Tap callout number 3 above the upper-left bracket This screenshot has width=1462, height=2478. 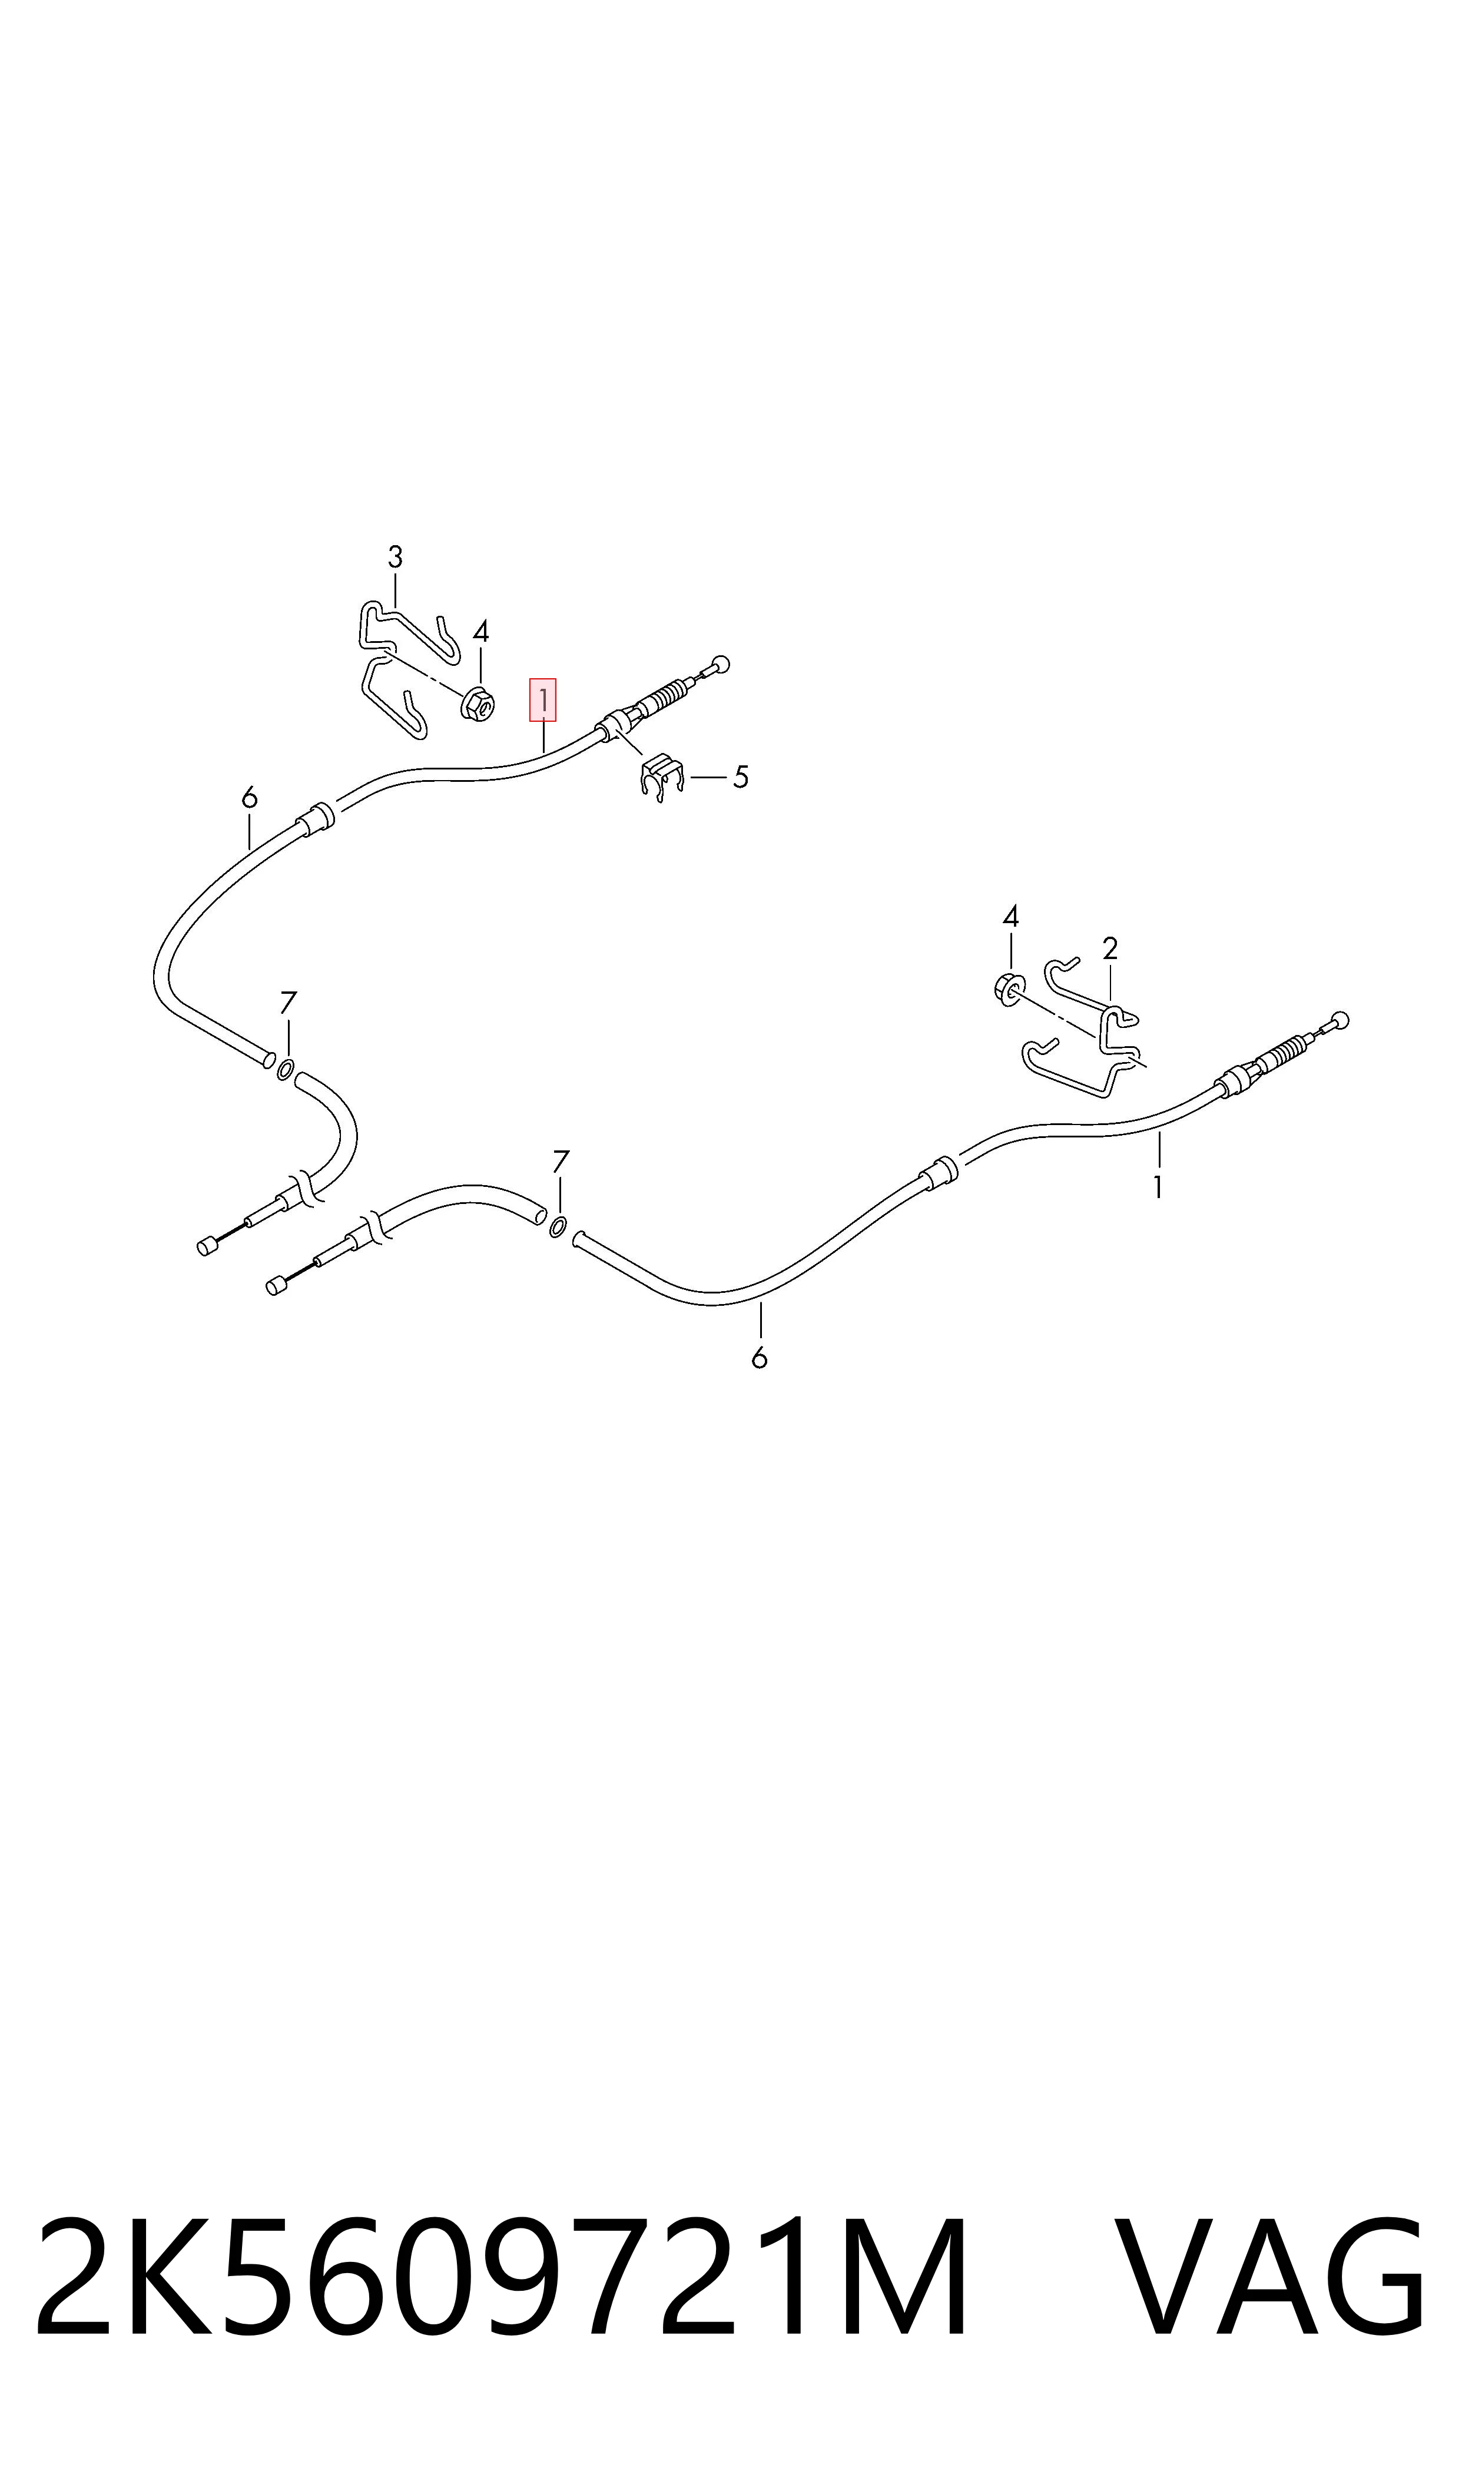click(395, 558)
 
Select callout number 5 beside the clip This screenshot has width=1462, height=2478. click(741, 778)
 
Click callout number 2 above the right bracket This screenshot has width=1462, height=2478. click(1110, 948)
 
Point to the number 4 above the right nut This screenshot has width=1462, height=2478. click(1011, 917)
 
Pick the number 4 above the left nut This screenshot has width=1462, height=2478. click(481, 631)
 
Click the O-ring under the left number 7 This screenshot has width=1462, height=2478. click(285, 1070)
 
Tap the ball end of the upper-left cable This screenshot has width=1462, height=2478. click(722, 663)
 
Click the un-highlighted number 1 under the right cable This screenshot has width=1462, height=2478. click(1159, 1188)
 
